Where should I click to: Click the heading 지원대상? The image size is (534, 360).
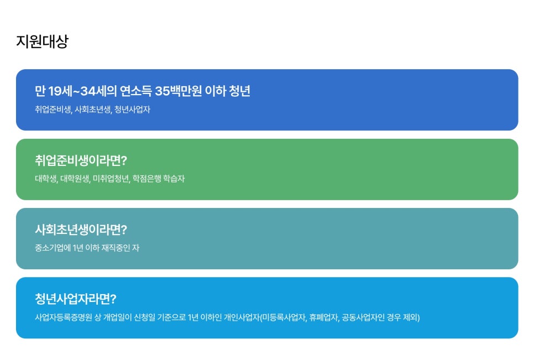(x=42, y=41)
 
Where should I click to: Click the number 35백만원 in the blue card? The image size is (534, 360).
(x=179, y=91)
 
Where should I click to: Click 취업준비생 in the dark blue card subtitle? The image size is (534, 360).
(x=53, y=109)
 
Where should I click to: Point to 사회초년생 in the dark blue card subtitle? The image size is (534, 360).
(x=93, y=109)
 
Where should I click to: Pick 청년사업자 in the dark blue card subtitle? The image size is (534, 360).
(x=132, y=109)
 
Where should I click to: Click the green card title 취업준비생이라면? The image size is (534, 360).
(x=81, y=160)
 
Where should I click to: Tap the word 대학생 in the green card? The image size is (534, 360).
(x=46, y=179)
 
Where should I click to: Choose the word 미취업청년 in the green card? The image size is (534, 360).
(x=111, y=179)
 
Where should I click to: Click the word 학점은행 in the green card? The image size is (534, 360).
(x=147, y=179)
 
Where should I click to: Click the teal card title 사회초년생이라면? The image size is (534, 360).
(x=81, y=230)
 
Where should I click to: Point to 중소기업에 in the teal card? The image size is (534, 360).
(x=53, y=248)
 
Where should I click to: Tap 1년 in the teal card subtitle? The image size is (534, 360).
(x=78, y=248)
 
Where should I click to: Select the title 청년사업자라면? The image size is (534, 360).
(x=76, y=299)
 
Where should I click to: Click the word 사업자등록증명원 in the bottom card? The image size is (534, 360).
(x=64, y=317)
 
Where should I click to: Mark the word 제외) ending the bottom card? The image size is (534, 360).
(x=411, y=317)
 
